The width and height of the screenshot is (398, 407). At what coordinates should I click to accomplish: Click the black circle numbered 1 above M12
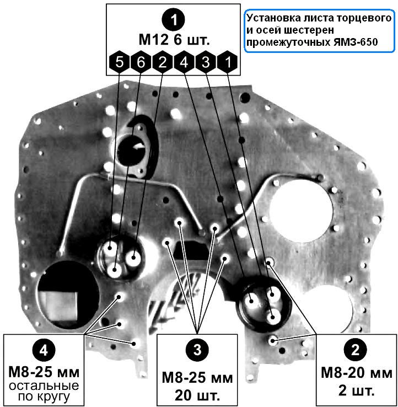pos(174,20)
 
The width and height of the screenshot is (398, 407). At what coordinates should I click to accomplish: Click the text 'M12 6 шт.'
pos(174,40)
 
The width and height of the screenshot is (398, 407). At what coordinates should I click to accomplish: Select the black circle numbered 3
pos(196,349)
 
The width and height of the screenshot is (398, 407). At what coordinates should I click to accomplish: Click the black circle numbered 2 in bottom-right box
pos(355,349)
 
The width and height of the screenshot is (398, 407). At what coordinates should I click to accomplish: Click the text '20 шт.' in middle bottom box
pos(197,395)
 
